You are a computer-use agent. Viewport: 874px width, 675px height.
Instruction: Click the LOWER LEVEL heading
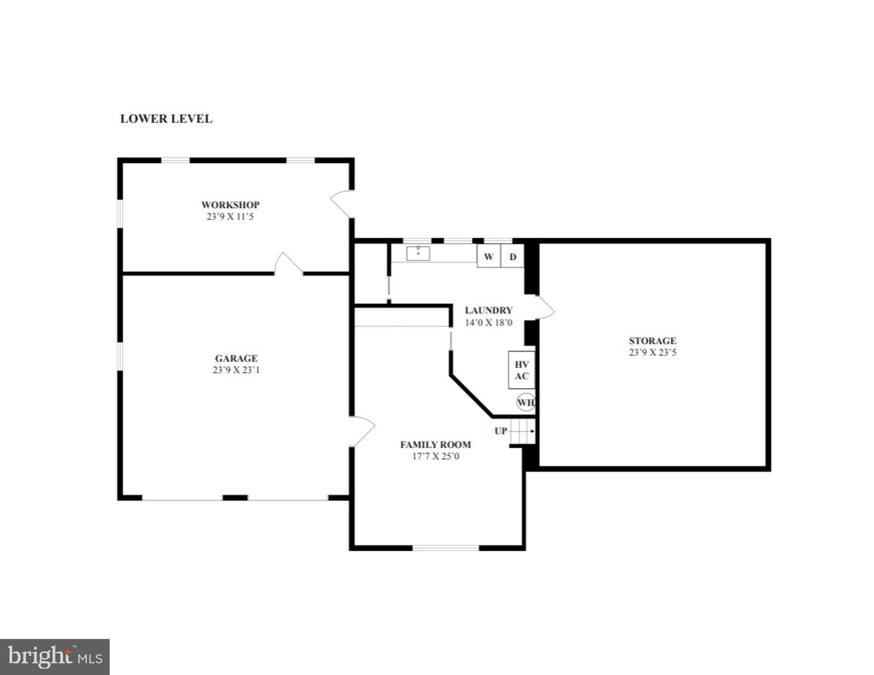tap(166, 119)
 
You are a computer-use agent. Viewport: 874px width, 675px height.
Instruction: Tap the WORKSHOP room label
tap(230, 205)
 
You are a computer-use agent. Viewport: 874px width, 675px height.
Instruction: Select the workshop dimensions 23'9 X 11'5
tap(230, 217)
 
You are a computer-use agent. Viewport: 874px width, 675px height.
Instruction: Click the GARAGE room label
tap(236, 358)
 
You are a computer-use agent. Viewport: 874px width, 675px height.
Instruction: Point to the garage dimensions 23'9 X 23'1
tap(236, 370)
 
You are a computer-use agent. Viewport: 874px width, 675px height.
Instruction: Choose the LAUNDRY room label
tap(489, 311)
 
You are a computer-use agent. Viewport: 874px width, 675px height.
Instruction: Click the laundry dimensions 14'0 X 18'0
tap(489, 323)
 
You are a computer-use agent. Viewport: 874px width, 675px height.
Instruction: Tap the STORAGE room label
tap(652, 341)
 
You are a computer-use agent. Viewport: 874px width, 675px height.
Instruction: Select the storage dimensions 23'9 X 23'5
tap(652, 352)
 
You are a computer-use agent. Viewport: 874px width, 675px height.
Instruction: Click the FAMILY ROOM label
tap(435, 445)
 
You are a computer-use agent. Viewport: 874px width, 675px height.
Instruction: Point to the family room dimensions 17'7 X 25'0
tap(435, 456)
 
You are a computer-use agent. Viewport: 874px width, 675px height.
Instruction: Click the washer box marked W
tap(489, 257)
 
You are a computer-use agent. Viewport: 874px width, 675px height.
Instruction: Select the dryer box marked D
tap(513, 257)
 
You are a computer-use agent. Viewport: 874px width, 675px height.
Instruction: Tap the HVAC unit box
tap(522, 370)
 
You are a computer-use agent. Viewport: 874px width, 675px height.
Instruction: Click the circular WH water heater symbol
tap(526, 403)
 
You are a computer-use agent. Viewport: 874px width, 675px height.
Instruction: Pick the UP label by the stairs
tap(501, 431)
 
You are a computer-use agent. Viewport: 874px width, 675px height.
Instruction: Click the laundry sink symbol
tap(418, 253)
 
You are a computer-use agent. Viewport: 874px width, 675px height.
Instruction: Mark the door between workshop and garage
tap(288, 264)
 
